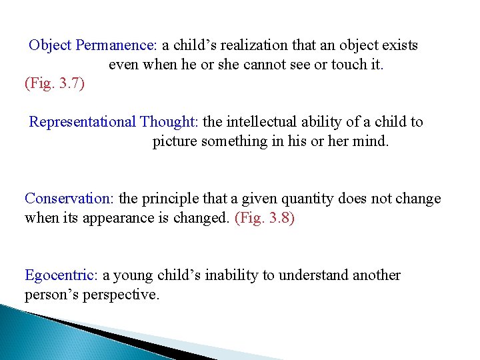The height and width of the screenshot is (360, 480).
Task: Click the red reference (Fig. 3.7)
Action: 55,84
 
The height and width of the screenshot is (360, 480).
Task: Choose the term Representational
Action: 82,122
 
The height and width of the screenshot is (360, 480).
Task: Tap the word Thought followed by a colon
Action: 169,122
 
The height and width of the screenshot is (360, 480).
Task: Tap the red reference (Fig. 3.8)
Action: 265,218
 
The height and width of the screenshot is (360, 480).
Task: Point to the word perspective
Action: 120,295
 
